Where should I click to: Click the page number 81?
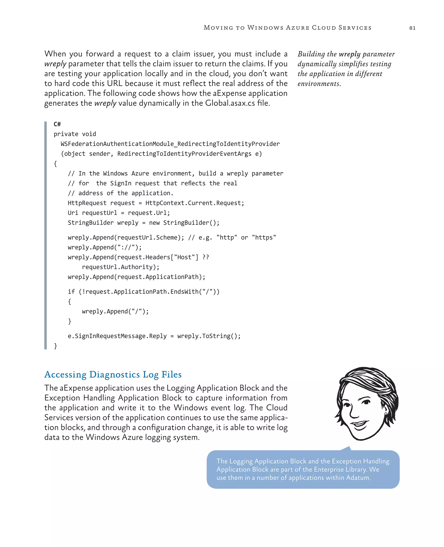pos(412,28)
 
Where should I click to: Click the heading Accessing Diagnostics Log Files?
pos(113,374)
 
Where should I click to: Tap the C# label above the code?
pos(57,124)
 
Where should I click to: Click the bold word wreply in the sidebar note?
pos(349,54)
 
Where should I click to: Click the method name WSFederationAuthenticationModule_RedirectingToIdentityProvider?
pos(170,144)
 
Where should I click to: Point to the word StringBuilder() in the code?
pos(191,223)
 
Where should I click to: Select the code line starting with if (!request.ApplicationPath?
pos(144,292)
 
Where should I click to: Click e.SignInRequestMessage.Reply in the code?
pos(117,336)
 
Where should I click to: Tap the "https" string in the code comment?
pos(264,238)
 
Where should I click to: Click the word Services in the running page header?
pos(354,28)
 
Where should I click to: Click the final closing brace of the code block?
pos(55,346)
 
